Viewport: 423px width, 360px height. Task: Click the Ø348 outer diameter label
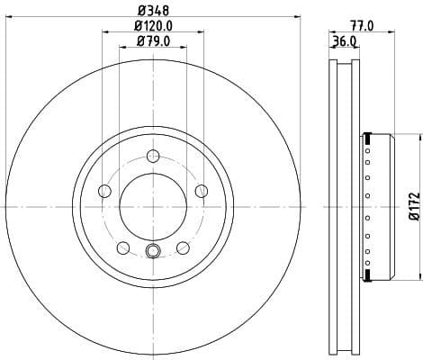pos(151,11)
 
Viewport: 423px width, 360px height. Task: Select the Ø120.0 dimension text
pos(151,25)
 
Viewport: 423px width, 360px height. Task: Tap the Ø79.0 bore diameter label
pos(151,40)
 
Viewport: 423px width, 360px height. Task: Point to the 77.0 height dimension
pos(364,27)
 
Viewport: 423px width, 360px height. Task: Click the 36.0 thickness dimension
pos(346,41)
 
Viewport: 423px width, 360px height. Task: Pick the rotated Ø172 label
pos(413,206)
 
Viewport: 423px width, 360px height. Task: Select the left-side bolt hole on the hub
pos(104,191)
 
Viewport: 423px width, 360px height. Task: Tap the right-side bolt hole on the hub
pos(199,191)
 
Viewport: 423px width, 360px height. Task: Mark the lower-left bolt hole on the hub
pos(122,247)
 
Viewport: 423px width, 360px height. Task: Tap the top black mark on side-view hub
pos(367,138)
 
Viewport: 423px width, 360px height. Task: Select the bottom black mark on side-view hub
pos(367,274)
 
